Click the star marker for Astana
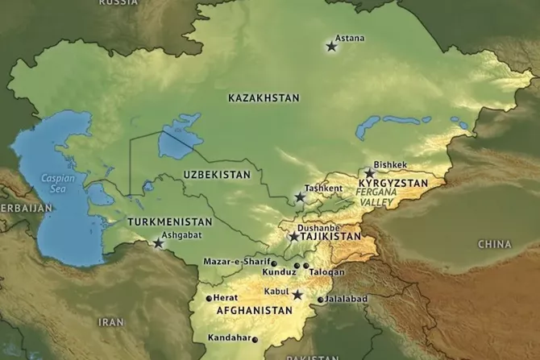(331, 47)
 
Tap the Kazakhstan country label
(264, 97)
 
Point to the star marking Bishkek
(370, 173)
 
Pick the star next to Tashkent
(300, 197)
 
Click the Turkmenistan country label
(170, 221)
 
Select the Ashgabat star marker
(159, 243)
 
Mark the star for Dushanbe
(294, 237)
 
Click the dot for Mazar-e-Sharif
(275, 263)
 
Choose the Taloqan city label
(326, 272)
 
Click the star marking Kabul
(297, 295)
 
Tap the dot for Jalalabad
(321, 300)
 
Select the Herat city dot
(209, 298)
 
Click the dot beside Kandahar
(255, 339)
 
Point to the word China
(494, 243)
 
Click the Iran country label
(110, 321)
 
